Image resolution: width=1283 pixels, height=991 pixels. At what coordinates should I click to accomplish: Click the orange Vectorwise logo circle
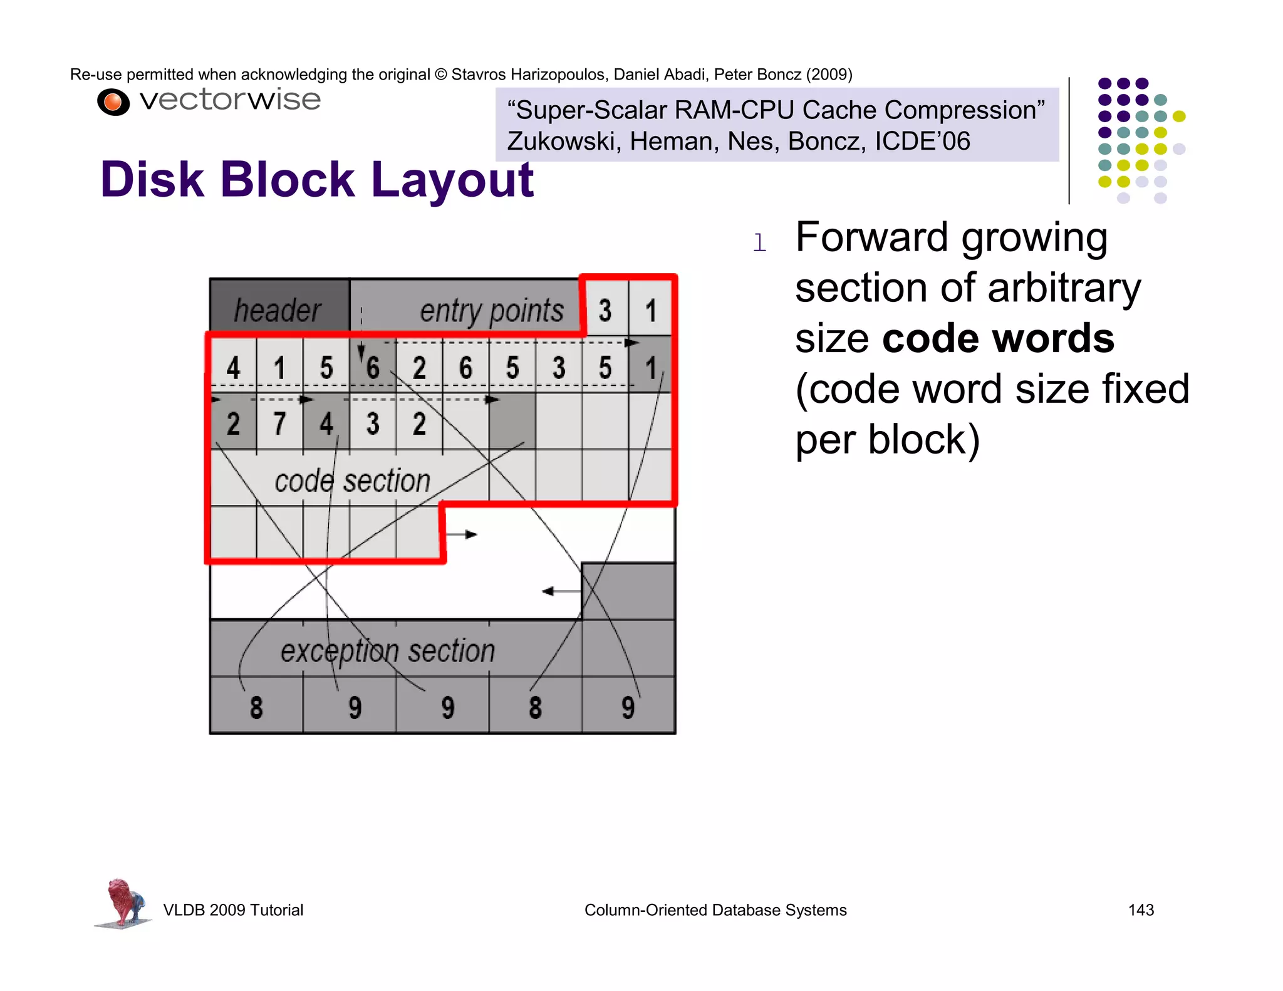113,102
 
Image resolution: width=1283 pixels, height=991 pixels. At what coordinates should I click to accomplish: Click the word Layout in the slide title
452,180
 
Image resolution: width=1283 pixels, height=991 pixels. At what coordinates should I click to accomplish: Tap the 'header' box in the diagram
278,309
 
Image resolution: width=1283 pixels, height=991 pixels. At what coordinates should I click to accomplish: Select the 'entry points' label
491,311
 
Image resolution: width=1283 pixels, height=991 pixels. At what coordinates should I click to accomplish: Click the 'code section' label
352,481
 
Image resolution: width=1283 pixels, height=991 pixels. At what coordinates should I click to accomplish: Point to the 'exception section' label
387,650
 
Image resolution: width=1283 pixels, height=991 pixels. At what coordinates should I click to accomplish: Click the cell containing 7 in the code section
279,423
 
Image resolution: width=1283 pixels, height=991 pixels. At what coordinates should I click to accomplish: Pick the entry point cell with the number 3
605,310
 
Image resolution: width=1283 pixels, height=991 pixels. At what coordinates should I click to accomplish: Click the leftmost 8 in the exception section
256,707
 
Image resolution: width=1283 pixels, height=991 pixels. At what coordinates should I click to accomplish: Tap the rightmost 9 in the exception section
628,707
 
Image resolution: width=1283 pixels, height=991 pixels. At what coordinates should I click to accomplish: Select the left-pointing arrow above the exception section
561,591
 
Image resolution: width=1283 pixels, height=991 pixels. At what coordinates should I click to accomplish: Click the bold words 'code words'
998,338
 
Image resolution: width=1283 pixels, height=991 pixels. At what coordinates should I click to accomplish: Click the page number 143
1140,910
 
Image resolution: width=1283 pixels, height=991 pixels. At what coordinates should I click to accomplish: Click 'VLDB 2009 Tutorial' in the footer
233,910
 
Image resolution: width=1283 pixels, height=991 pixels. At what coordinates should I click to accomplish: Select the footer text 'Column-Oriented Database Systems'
715,910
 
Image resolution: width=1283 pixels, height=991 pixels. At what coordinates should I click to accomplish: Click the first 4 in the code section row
233,367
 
